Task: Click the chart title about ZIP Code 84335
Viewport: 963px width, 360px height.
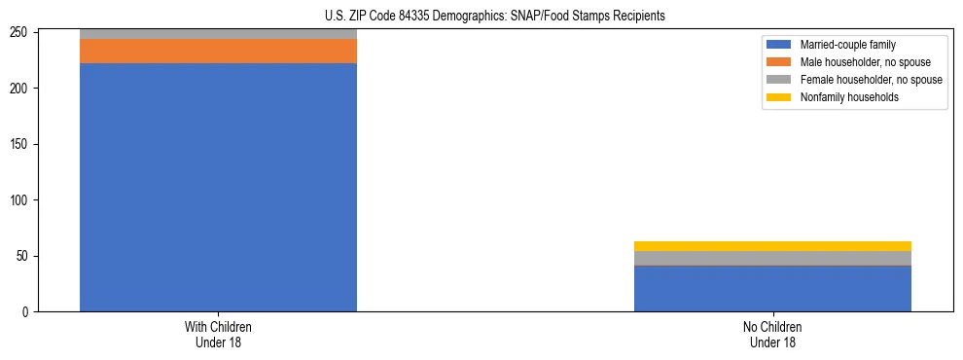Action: pos(495,16)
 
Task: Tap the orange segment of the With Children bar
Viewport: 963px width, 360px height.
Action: pos(218,51)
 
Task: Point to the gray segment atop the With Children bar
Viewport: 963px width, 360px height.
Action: pos(218,34)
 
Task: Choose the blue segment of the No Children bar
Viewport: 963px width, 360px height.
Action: pos(772,288)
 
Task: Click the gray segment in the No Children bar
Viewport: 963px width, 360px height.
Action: pos(772,258)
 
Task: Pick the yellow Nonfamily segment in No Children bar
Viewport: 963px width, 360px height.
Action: pos(772,246)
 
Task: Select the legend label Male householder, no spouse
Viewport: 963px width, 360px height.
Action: pos(857,62)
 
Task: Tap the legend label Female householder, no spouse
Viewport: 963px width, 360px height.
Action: pos(871,80)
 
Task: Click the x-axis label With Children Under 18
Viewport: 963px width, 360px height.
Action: pos(218,335)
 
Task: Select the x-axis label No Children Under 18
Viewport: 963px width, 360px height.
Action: pos(772,335)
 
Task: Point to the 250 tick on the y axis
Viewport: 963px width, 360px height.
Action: pos(19,33)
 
